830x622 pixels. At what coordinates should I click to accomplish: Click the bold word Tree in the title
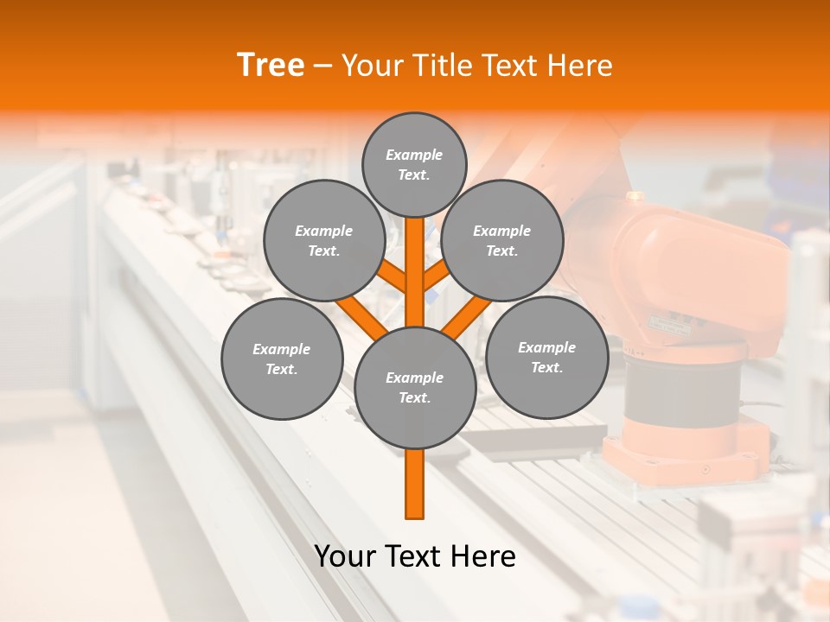click(x=271, y=65)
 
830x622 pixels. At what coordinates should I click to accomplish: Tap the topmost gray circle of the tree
click(x=414, y=164)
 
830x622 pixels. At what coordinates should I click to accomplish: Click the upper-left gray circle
click(x=324, y=240)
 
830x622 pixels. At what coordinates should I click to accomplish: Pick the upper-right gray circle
click(x=502, y=240)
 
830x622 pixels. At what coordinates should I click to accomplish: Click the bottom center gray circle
click(x=415, y=387)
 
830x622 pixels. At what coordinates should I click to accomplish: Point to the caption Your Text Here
click(x=415, y=556)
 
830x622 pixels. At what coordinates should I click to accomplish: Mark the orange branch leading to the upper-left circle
click(x=392, y=276)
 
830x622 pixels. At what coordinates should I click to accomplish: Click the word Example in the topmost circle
click(x=414, y=155)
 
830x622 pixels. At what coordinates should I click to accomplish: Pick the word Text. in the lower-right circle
click(x=546, y=367)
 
